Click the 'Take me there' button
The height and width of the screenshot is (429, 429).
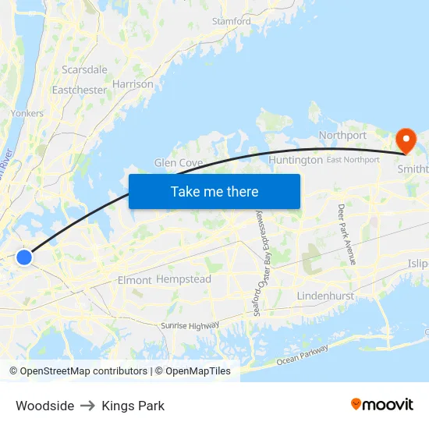(x=214, y=191)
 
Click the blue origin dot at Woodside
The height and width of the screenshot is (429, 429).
(x=24, y=257)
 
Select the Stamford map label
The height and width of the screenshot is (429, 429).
(x=232, y=21)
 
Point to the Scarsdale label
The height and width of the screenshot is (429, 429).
(x=85, y=69)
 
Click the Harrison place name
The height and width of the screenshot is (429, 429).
(x=133, y=84)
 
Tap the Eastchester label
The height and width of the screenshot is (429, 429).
(x=79, y=90)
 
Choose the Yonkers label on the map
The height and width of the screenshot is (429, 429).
(x=27, y=113)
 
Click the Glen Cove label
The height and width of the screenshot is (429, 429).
(x=179, y=163)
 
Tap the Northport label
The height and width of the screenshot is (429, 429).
(x=342, y=135)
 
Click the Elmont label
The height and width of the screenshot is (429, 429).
(x=133, y=279)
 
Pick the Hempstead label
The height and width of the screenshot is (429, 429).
(x=183, y=279)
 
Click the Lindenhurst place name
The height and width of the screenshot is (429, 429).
(x=325, y=296)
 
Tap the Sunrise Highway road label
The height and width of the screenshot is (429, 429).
(x=190, y=325)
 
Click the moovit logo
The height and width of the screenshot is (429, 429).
(x=382, y=404)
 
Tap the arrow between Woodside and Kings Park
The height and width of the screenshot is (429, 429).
(x=88, y=406)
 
